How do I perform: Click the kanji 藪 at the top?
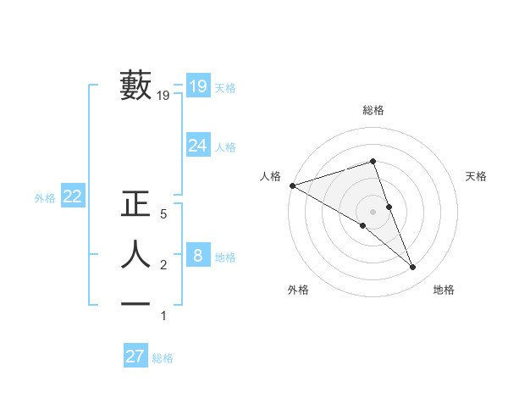pyautogui.click(x=135, y=86)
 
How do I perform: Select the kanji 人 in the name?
pyautogui.click(x=135, y=255)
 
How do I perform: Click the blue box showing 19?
pyautogui.click(x=198, y=86)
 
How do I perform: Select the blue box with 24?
pyautogui.click(x=198, y=146)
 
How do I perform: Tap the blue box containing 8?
pyautogui.click(x=198, y=255)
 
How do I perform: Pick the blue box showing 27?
pyautogui.click(x=135, y=357)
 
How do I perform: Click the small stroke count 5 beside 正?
pyautogui.click(x=163, y=215)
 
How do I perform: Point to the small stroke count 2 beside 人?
pyautogui.click(x=163, y=266)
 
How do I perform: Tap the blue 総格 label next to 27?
pyautogui.click(x=163, y=358)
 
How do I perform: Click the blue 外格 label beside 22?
pyautogui.click(x=45, y=198)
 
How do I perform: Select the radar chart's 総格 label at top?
pyautogui.click(x=373, y=110)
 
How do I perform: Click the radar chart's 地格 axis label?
pyautogui.click(x=444, y=290)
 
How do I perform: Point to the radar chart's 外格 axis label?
pyautogui.click(x=298, y=290)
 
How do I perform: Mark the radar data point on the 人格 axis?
pyautogui.click(x=292, y=185)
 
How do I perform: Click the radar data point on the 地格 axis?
pyautogui.click(x=412, y=267)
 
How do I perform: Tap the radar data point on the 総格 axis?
pyautogui.click(x=373, y=161)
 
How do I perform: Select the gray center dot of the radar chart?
pyautogui.click(x=373, y=211)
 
